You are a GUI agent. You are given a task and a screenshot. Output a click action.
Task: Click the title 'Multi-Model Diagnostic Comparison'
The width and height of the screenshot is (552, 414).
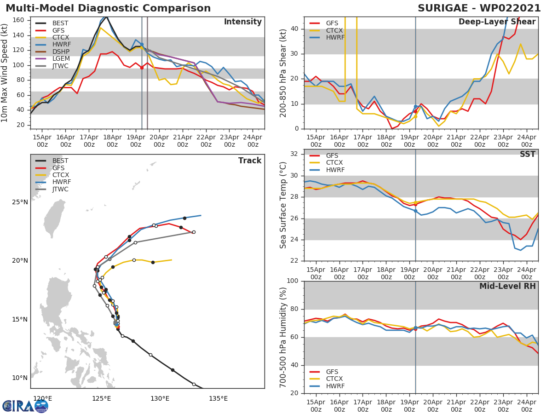pyautogui.click(x=108, y=8)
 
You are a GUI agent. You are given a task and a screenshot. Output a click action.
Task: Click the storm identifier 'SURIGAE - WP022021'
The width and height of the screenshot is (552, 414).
pyautogui.click(x=479, y=8)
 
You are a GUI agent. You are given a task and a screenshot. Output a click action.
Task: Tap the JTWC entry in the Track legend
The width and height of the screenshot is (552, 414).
pyautogui.click(x=60, y=190)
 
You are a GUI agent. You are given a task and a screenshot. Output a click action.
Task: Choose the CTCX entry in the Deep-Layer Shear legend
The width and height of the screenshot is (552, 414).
pyautogui.click(x=335, y=30)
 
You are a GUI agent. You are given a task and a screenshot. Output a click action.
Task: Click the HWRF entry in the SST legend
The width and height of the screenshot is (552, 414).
pyautogui.click(x=335, y=170)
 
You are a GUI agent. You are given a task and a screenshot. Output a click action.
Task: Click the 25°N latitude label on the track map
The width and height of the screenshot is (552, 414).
pyautogui.click(x=20, y=202)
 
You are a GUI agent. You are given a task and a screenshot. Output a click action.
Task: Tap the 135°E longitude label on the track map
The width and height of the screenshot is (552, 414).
pyautogui.click(x=218, y=398)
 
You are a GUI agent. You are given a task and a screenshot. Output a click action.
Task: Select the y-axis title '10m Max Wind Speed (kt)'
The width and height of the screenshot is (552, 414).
pyautogui.click(x=5, y=73)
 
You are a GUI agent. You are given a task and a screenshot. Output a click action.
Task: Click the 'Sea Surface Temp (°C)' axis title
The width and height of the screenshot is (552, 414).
pyautogui.click(x=283, y=205)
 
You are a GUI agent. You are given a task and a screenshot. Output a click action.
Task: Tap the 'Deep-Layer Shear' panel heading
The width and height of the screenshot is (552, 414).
pyautogui.click(x=497, y=22)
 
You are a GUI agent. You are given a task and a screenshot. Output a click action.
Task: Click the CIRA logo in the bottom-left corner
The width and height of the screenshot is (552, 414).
pyautogui.click(x=25, y=406)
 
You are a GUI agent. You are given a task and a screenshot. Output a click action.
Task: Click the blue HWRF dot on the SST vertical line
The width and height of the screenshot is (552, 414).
pyautogui.click(x=415, y=211)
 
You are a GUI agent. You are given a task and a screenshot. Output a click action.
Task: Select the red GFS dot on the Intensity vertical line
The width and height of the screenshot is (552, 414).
pyautogui.click(x=142, y=68)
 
